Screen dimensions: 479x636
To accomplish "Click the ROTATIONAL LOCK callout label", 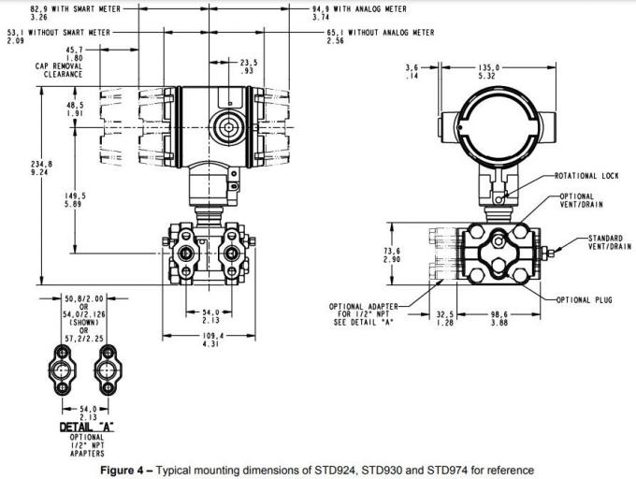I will (x=586, y=176).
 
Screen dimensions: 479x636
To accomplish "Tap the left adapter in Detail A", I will (x=63, y=369).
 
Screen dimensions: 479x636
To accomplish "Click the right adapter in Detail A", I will (x=108, y=369).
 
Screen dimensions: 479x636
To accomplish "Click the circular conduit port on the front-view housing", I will (x=224, y=123).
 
